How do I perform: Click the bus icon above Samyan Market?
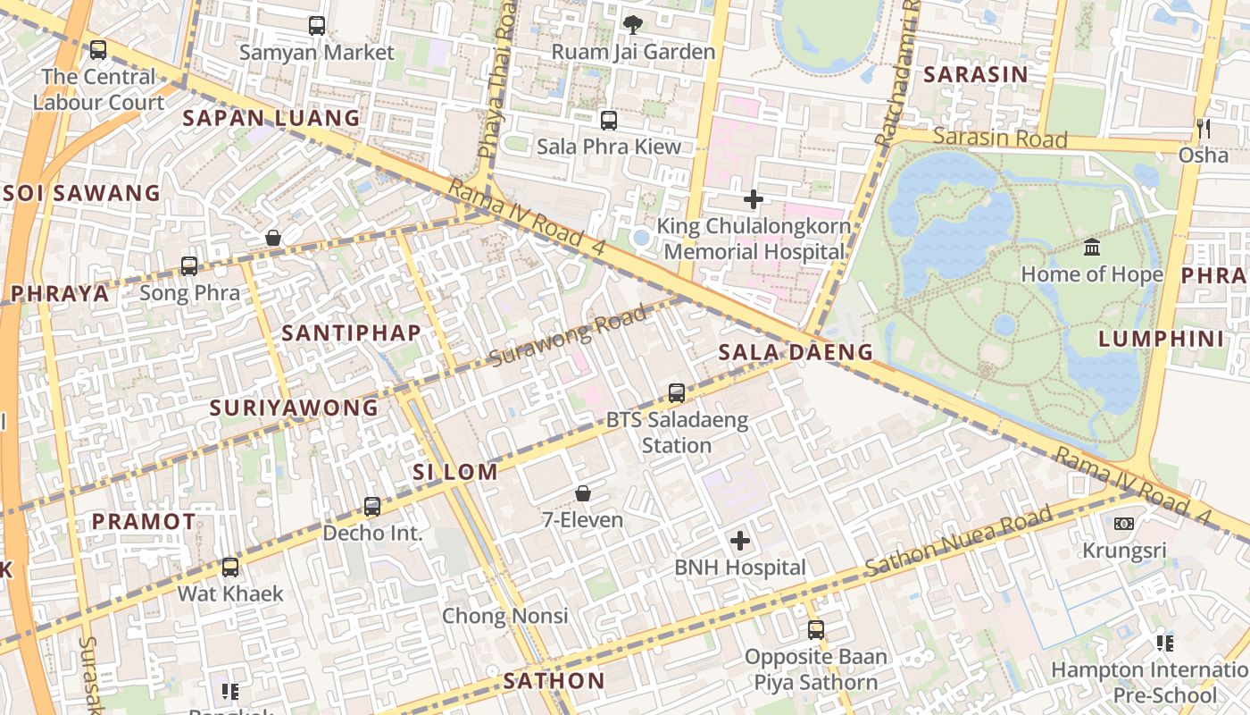click(x=317, y=26)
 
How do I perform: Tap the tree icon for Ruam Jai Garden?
click(x=633, y=25)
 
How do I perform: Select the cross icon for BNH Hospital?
click(x=740, y=541)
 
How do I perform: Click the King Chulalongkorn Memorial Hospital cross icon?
click(x=754, y=199)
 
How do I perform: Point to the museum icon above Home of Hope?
click(x=1091, y=248)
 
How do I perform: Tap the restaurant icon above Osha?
click(x=1204, y=129)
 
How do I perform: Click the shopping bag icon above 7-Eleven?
click(x=583, y=493)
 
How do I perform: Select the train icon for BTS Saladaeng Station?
click(x=677, y=392)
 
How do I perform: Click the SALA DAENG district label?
click(x=796, y=352)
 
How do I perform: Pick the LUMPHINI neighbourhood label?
click(x=1161, y=339)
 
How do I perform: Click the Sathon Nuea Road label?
click(x=959, y=542)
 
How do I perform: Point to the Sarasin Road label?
click(x=1000, y=138)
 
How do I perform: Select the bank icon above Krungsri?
click(x=1124, y=524)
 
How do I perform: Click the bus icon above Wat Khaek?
click(x=230, y=567)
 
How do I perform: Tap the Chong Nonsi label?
click(x=504, y=616)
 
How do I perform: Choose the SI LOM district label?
click(x=455, y=472)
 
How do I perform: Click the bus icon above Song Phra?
click(x=189, y=265)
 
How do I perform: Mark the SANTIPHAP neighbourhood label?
click(x=351, y=333)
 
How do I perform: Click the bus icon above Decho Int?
click(x=372, y=507)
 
